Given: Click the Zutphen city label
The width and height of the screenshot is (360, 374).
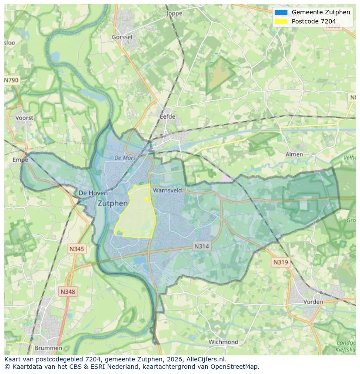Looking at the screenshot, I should click(x=113, y=203).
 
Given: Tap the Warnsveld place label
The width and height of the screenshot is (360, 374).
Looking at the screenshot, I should click(x=167, y=190).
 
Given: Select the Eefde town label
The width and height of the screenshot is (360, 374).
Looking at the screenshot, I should click(x=167, y=116).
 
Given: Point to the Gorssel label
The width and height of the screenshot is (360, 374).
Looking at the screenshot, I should click(x=122, y=37).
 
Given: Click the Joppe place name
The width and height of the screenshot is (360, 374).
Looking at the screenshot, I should click(x=174, y=13).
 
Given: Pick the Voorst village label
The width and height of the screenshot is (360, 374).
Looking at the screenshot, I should click(x=24, y=118).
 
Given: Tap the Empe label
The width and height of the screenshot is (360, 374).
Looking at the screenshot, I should click(x=20, y=160).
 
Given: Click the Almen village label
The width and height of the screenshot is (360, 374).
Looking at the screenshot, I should click(x=294, y=154).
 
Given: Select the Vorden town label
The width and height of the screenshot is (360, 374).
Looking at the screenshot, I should click(x=313, y=301).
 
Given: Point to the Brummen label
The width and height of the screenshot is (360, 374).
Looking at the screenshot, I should click(x=48, y=348).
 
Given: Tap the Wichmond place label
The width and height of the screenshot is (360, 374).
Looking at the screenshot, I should click(x=223, y=342).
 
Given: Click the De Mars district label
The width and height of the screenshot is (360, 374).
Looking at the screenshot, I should click(x=125, y=158).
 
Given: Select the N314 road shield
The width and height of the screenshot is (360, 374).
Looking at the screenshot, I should click(x=201, y=246).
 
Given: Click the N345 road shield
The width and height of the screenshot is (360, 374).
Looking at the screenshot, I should click(x=77, y=249).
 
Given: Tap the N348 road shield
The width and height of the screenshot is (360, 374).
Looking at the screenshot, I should click(x=67, y=292).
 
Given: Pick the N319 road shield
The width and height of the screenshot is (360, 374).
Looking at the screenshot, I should click(x=280, y=262).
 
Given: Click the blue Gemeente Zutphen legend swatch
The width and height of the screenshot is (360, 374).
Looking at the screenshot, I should click(x=281, y=12).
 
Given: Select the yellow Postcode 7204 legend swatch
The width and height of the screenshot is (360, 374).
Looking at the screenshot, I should click(x=281, y=21).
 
